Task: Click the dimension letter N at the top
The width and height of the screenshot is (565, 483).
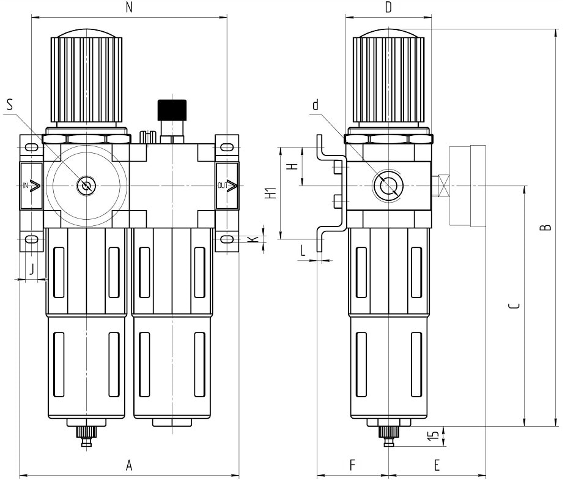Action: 128,7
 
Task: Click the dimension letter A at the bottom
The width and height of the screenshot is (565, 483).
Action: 129,466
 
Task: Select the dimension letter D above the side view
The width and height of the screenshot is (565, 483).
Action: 388,7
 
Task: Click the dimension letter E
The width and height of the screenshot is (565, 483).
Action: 437,466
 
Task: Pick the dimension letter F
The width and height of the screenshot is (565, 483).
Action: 353,466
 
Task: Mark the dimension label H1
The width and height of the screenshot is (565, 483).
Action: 268,193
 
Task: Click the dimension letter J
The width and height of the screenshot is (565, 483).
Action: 32,268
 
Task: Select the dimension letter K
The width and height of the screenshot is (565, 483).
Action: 253,238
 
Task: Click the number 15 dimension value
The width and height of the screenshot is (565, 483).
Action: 434,436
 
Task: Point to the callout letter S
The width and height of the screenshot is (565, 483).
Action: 10,105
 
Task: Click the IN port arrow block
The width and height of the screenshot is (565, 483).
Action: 32,185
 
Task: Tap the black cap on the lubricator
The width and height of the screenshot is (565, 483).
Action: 171,110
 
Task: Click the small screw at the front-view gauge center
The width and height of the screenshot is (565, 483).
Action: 84,185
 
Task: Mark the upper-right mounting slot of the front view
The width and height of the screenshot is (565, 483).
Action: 226,147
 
